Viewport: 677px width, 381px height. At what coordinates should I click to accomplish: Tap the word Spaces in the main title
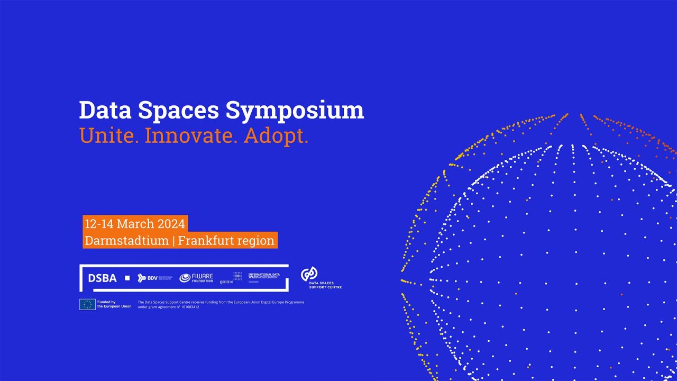click(x=178, y=111)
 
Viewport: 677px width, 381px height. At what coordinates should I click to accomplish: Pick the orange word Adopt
click(x=276, y=137)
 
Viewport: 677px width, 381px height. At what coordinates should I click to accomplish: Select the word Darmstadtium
click(x=126, y=241)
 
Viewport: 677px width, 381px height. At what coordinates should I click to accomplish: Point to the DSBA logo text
click(x=102, y=278)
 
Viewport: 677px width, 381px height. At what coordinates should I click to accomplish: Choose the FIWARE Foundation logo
click(x=196, y=278)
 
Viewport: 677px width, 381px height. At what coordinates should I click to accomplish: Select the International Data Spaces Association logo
click(x=264, y=277)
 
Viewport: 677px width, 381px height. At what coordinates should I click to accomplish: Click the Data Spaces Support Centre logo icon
click(x=309, y=274)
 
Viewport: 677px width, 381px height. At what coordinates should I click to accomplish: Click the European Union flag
click(x=87, y=304)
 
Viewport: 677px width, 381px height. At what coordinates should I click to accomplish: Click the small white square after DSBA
click(x=127, y=278)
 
